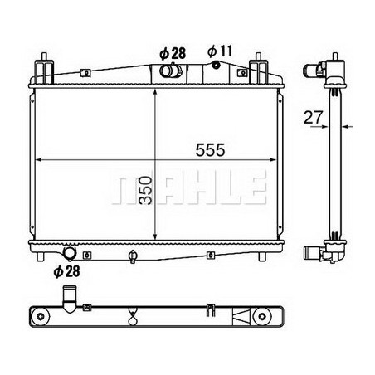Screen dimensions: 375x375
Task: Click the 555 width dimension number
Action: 210,150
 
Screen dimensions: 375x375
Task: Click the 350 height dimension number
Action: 146,191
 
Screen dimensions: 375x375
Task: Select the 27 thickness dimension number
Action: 313,117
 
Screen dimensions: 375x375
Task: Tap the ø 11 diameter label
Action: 220,51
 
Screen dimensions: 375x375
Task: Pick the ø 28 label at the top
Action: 173,53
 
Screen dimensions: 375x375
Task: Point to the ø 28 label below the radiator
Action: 67,271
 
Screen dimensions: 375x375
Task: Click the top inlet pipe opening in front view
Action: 168,71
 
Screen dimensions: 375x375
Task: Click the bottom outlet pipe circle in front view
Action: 69,253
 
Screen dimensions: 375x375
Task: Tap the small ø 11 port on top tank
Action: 216,66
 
